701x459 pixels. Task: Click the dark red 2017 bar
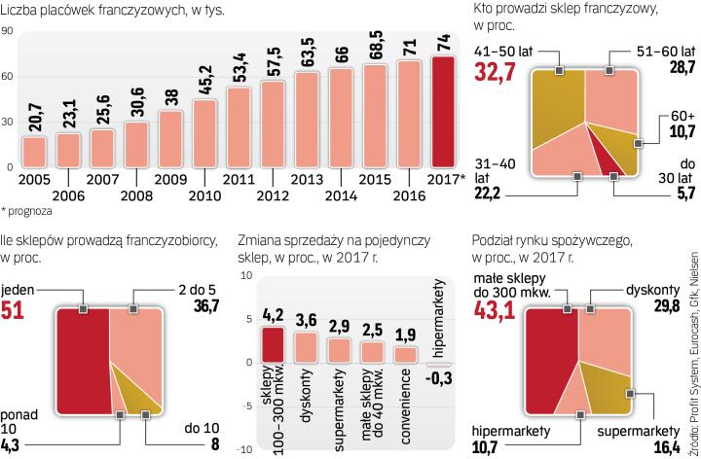click(444, 112)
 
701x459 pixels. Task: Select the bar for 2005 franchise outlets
click(34, 152)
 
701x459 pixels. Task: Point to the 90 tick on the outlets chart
click(7, 31)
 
